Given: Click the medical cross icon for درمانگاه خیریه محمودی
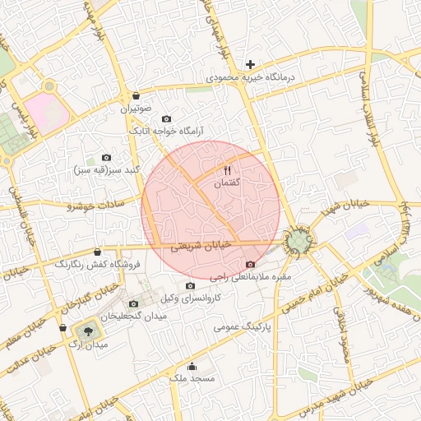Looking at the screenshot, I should [251, 64].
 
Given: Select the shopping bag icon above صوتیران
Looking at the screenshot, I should [135, 95].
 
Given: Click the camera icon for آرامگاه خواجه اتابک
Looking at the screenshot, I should [167, 119].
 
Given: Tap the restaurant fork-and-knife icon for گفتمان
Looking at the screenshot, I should [227, 169].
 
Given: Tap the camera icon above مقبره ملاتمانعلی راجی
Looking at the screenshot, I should [250, 264].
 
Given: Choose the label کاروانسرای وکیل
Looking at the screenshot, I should [190, 297].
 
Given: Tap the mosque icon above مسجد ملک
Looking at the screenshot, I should [192, 367].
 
